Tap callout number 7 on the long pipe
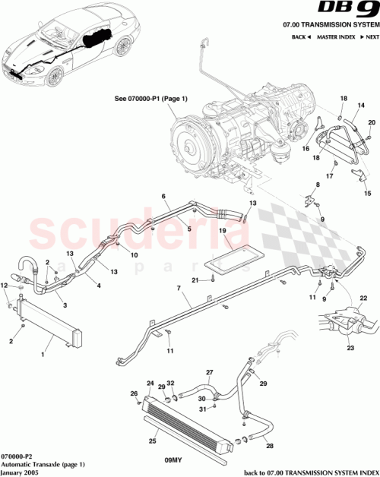(x=179, y=289)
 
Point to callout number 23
(x=351, y=349)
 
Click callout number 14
(x=361, y=105)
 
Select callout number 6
(x=163, y=196)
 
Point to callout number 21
(x=195, y=281)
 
